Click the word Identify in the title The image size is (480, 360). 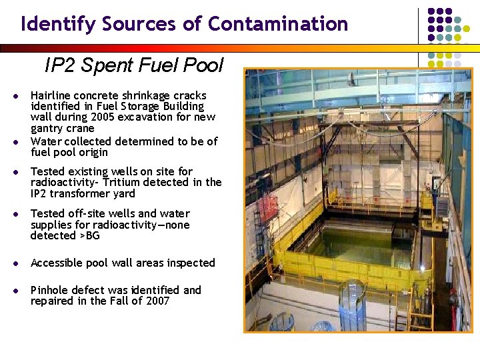coord(59,24)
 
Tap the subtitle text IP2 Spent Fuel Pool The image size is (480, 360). coord(134,65)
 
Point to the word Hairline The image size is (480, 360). coord(53,95)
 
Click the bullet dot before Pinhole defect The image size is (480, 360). coord(15,291)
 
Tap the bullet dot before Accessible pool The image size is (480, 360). coord(15,263)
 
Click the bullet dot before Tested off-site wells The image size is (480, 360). coord(15,214)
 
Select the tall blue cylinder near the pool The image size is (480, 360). coord(351,306)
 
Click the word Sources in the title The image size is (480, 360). coord(140,24)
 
